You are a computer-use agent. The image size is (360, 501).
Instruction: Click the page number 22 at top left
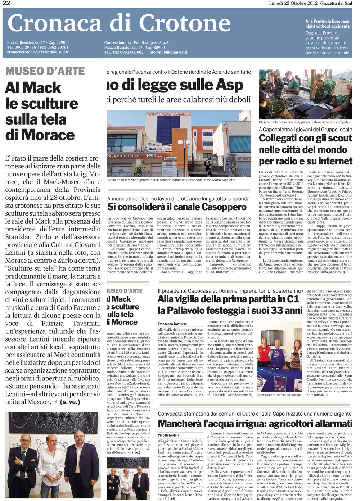click(x=6, y=3)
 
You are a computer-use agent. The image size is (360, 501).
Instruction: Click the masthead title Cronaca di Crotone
click(x=119, y=23)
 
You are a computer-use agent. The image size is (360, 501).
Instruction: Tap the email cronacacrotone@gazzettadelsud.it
click(x=37, y=52)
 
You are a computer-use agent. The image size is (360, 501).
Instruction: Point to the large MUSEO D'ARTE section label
click(x=45, y=71)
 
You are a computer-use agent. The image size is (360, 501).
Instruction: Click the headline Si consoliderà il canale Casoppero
click(x=177, y=207)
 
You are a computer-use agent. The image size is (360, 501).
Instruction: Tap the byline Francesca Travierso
click(x=172, y=324)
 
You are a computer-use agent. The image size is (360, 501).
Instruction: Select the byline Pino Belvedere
click(x=168, y=435)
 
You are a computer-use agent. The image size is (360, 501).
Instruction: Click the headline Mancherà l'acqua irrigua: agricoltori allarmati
click(x=255, y=423)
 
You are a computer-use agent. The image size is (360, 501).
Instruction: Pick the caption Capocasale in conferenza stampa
click(x=278, y=395)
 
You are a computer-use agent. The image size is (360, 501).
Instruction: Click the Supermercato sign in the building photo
click(x=122, y=156)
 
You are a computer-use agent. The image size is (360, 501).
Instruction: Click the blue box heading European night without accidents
click(x=327, y=24)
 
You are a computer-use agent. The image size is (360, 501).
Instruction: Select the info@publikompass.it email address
click(x=167, y=52)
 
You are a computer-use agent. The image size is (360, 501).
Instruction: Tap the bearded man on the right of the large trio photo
click(x=84, y=457)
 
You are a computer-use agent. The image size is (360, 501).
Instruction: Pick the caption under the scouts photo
click(x=304, y=122)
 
